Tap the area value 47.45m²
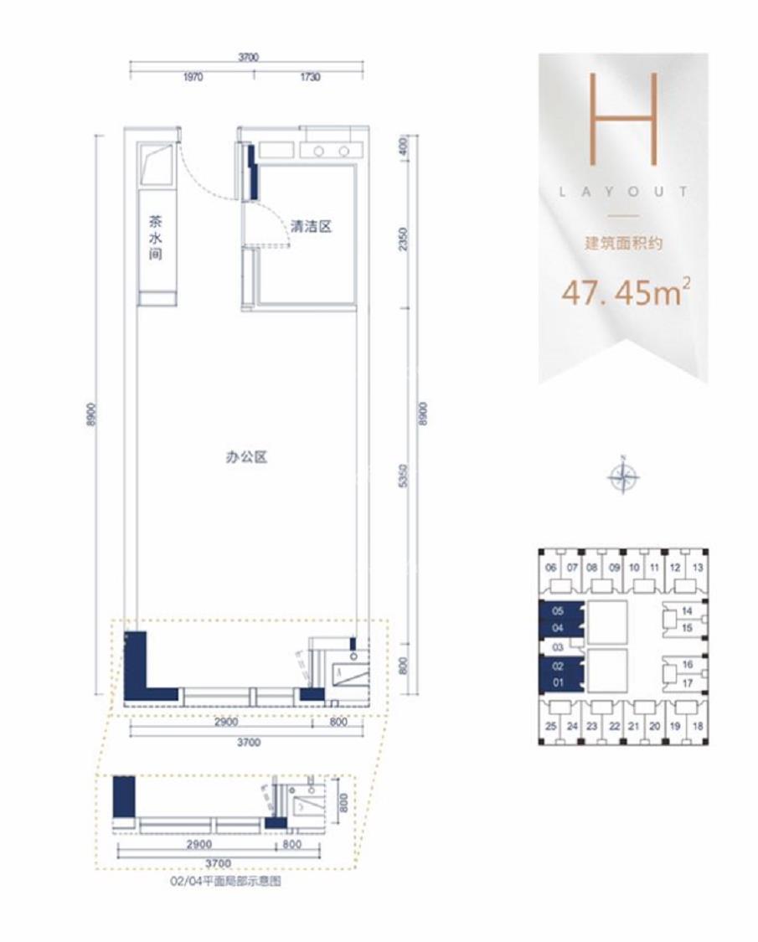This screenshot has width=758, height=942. [x=624, y=293]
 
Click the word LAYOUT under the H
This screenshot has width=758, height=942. [x=624, y=192]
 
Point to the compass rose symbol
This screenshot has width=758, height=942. [x=623, y=477]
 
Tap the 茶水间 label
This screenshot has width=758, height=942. [x=155, y=238]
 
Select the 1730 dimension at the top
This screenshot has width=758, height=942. [x=309, y=77]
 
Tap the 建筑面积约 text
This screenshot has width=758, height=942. [x=624, y=245]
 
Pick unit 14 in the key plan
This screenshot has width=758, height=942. [x=687, y=611]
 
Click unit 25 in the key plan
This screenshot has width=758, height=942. [x=550, y=726]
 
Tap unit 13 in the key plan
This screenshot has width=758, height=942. [x=697, y=568]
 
